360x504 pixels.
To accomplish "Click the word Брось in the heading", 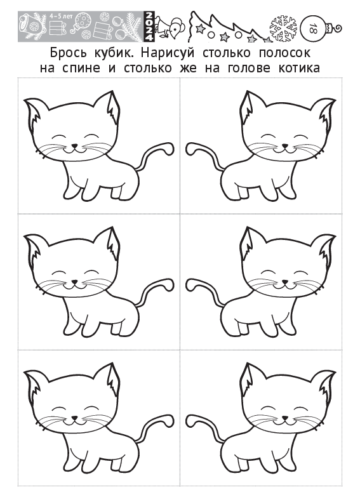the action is pyautogui.click(x=68, y=53).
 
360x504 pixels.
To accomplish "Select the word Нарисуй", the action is pyautogui.click(x=168, y=53).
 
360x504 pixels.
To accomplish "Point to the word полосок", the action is pyautogui.click(x=284, y=53).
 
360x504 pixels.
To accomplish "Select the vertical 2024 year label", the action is pyautogui.click(x=149, y=27).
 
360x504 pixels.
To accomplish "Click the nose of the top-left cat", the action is pyautogui.click(x=74, y=146).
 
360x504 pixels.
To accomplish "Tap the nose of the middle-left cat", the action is pyautogui.click(x=74, y=282).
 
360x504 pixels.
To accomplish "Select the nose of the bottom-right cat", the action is pyautogui.click(x=285, y=418).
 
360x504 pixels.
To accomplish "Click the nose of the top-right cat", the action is pyautogui.click(x=285, y=146).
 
